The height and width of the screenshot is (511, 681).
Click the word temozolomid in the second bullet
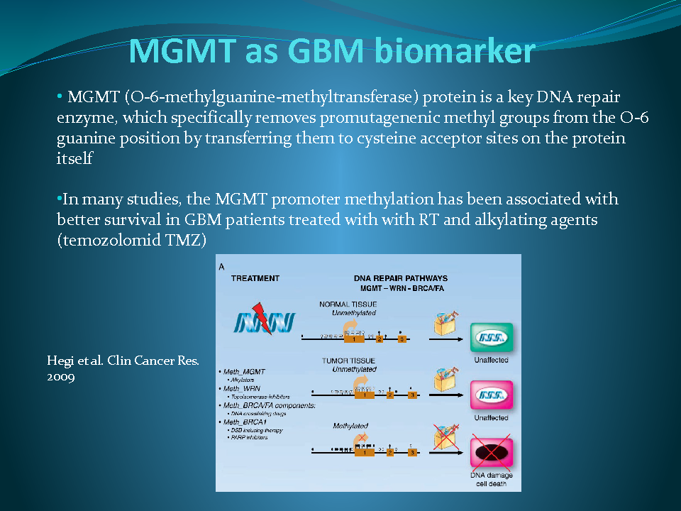pyautogui.click(x=106, y=241)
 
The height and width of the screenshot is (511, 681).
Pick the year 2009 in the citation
pyautogui.click(x=61, y=377)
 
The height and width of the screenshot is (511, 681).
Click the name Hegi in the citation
pyautogui.click(x=60, y=361)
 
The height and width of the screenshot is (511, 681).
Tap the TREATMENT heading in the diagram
pyautogui.click(x=255, y=278)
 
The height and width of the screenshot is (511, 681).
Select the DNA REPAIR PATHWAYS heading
pyautogui.click(x=401, y=278)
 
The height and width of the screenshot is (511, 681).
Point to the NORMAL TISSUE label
pyautogui.click(x=348, y=304)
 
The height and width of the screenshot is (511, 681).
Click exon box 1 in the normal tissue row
pyautogui.click(x=354, y=339)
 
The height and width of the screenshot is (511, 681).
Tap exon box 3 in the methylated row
pyautogui.click(x=412, y=452)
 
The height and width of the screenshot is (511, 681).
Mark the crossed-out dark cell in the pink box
pyautogui.click(x=491, y=452)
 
